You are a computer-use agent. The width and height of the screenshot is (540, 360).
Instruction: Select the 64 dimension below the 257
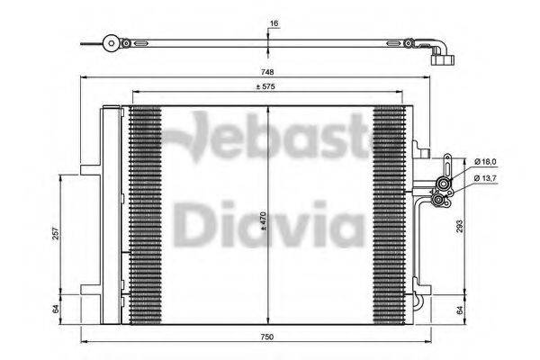pyautogui.click(x=57, y=308)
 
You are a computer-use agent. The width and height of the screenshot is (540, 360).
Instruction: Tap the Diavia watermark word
pyautogui.click(x=256, y=223)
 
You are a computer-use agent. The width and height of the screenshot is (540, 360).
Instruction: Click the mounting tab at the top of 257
pyautogui.click(x=90, y=171)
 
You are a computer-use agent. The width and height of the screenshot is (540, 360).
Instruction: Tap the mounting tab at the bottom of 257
pyautogui.click(x=90, y=291)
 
